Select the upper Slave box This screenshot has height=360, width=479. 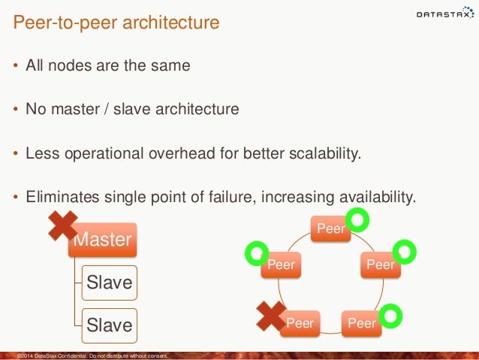(x=110, y=283)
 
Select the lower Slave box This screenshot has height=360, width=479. (x=110, y=325)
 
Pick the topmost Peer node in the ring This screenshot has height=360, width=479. (x=331, y=228)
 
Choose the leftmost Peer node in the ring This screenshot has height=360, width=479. (x=280, y=265)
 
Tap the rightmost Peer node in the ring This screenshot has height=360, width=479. (x=380, y=265)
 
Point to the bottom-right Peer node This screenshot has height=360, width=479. (x=361, y=323)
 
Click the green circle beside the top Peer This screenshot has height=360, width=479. (x=360, y=219)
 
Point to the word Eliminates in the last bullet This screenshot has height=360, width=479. (x=61, y=198)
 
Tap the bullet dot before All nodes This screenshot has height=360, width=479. (x=17, y=67)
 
